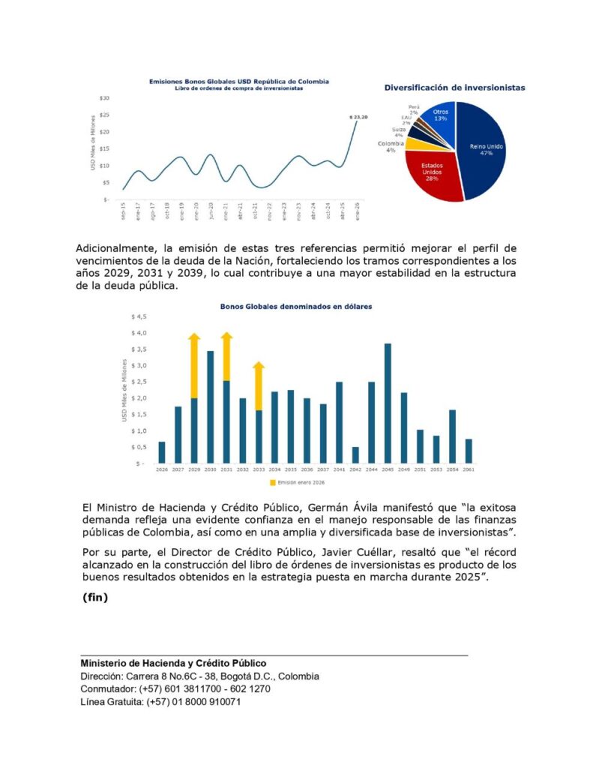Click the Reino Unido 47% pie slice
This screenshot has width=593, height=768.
click(x=484, y=150)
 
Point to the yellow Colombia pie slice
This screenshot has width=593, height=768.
click(x=412, y=143)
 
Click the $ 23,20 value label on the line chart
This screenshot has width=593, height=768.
click(x=359, y=117)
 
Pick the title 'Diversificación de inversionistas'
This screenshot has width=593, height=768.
click(x=454, y=88)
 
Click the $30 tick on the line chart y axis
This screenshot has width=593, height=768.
click(x=105, y=98)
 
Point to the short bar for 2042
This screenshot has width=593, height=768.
click(x=355, y=454)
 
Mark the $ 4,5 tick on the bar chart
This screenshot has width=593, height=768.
click(x=139, y=316)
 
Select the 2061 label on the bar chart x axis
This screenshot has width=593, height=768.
click(x=469, y=469)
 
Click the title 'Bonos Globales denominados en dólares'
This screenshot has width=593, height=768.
click(x=295, y=307)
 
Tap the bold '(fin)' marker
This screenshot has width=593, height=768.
click(x=95, y=598)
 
